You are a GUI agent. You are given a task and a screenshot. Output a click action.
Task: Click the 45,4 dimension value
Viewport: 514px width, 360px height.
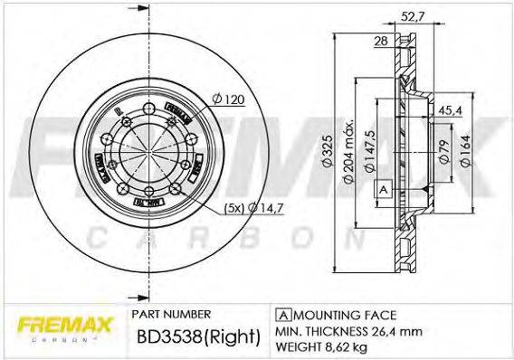click(x=449, y=112)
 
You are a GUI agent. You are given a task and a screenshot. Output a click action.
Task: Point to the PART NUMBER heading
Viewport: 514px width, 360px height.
click(x=172, y=313)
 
